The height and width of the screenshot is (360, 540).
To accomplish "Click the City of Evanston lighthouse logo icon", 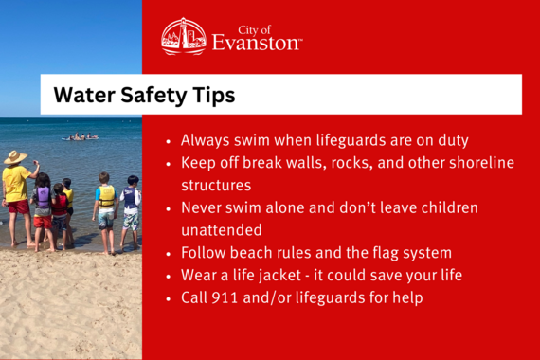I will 183,37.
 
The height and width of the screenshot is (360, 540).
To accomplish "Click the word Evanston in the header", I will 257,43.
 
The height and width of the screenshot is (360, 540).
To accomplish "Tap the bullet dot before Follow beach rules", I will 169,254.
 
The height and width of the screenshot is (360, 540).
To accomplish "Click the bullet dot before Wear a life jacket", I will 169,277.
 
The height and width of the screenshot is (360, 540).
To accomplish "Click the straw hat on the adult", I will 15,156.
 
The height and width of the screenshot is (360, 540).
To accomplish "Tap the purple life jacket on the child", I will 42,198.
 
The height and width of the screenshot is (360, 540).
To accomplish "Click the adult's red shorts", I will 18,206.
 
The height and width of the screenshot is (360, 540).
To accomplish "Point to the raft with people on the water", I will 80,137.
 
